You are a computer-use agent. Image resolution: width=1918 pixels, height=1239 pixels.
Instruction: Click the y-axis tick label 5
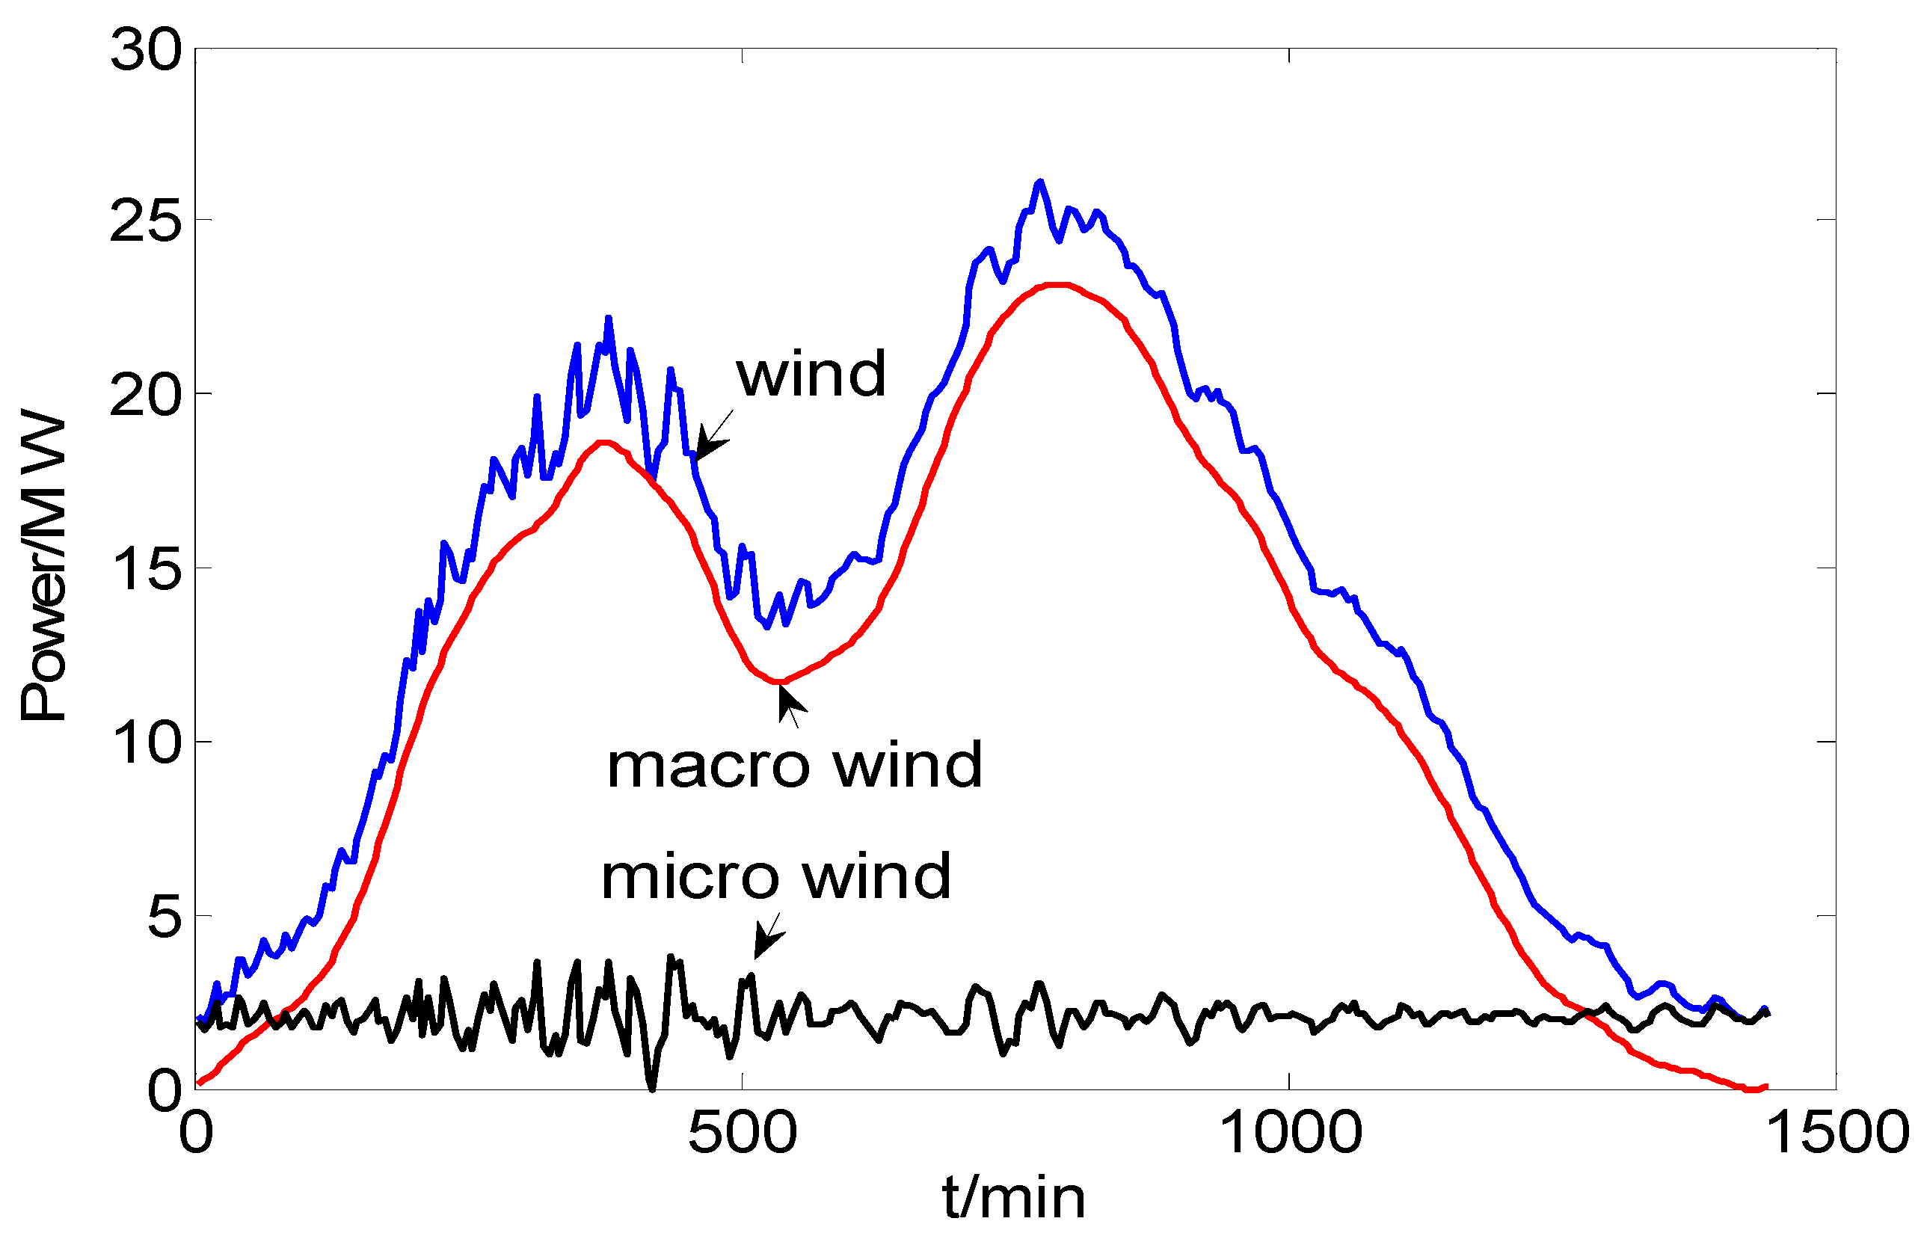point(165,917)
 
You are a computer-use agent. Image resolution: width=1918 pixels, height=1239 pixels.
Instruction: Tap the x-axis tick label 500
point(742,1133)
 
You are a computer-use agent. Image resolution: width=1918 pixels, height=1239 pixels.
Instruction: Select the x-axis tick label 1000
point(1291,1133)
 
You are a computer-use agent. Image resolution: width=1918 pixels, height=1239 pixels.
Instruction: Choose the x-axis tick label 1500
point(1837,1133)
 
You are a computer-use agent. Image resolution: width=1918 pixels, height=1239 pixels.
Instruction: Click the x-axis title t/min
point(1014,1199)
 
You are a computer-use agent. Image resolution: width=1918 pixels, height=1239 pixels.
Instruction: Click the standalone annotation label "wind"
point(811,374)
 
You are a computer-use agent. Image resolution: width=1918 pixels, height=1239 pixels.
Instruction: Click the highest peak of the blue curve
point(1040,182)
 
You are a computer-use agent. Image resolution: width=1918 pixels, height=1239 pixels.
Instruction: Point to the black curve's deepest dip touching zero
point(651,1088)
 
